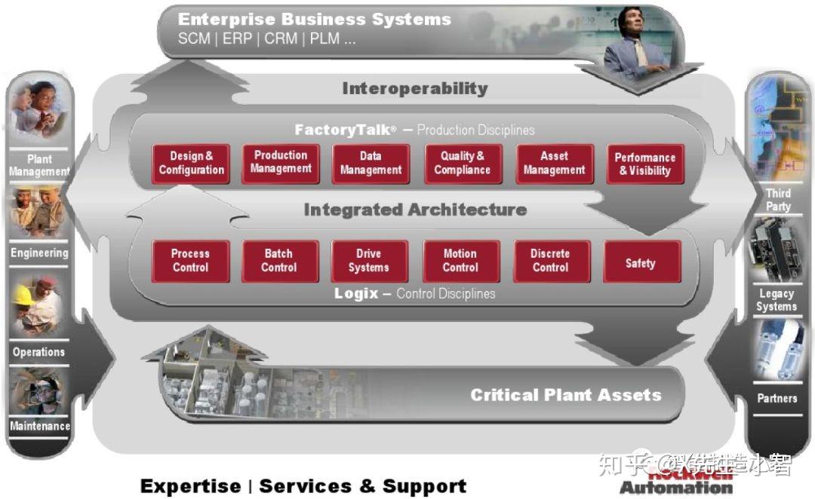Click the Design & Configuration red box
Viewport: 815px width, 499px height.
(191, 163)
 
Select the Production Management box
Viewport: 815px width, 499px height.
(281, 162)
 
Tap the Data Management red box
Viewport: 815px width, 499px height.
(371, 163)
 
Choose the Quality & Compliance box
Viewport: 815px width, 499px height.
(463, 163)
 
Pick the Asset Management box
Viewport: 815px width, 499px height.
(554, 163)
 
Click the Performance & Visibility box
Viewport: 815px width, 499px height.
(645, 164)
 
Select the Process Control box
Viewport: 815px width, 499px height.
(190, 261)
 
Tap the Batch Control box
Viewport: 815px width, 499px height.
(279, 261)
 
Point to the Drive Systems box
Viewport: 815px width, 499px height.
(369, 261)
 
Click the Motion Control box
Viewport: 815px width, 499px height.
(460, 261)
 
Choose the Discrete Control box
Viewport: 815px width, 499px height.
(550, 261)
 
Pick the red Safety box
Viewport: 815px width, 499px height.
(641, 262)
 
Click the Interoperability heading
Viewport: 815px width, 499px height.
(414, 88)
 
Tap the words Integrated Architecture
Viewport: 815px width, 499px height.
(415, 210)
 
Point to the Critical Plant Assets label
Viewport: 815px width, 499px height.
(565, 394)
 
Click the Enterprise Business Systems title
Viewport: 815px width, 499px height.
(314, 19)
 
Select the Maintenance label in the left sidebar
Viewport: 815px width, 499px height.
(40, 426)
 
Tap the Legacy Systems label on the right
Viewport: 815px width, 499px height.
(777, 300)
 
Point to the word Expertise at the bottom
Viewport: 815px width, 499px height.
(189, 486)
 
